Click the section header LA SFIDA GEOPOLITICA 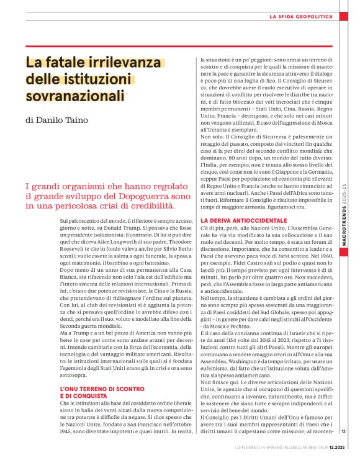pyautogui.click(x=300, y=16)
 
